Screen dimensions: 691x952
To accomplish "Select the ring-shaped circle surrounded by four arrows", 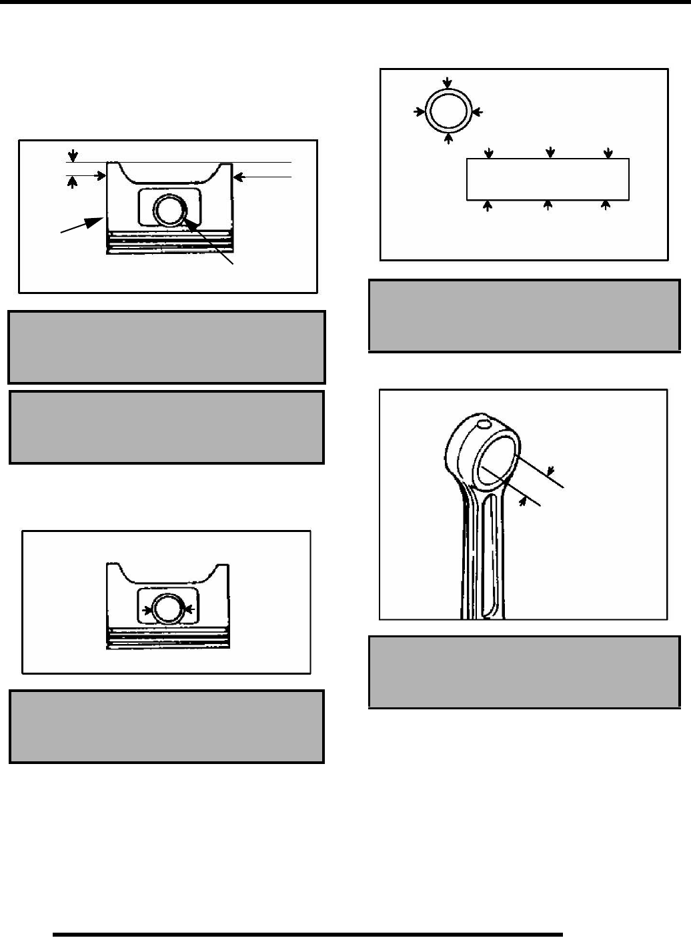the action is (x=449, y=111).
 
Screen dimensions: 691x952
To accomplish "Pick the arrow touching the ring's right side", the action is (x=476, y=111).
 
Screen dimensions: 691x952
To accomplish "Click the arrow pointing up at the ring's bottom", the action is (x=449, y=138).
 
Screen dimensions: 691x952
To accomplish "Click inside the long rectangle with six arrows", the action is (x=548, y=179).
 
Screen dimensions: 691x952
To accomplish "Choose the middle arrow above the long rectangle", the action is (x=550, y=153).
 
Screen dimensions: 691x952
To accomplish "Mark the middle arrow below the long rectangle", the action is (x=548, y=205).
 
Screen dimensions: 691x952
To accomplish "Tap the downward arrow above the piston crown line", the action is (x=73, y=153).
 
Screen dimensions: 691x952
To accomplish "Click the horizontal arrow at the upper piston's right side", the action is (x=260, y=177).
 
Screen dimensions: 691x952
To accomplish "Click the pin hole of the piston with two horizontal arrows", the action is (x=167, y=608).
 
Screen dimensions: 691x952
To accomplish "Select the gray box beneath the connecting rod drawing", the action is (x=524, y=671).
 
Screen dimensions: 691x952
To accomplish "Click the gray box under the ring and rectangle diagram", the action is (x=524, y=315).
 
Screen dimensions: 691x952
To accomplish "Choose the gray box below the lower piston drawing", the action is (x=166, y=726).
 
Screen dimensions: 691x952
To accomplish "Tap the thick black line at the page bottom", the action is (x=307, y=934).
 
